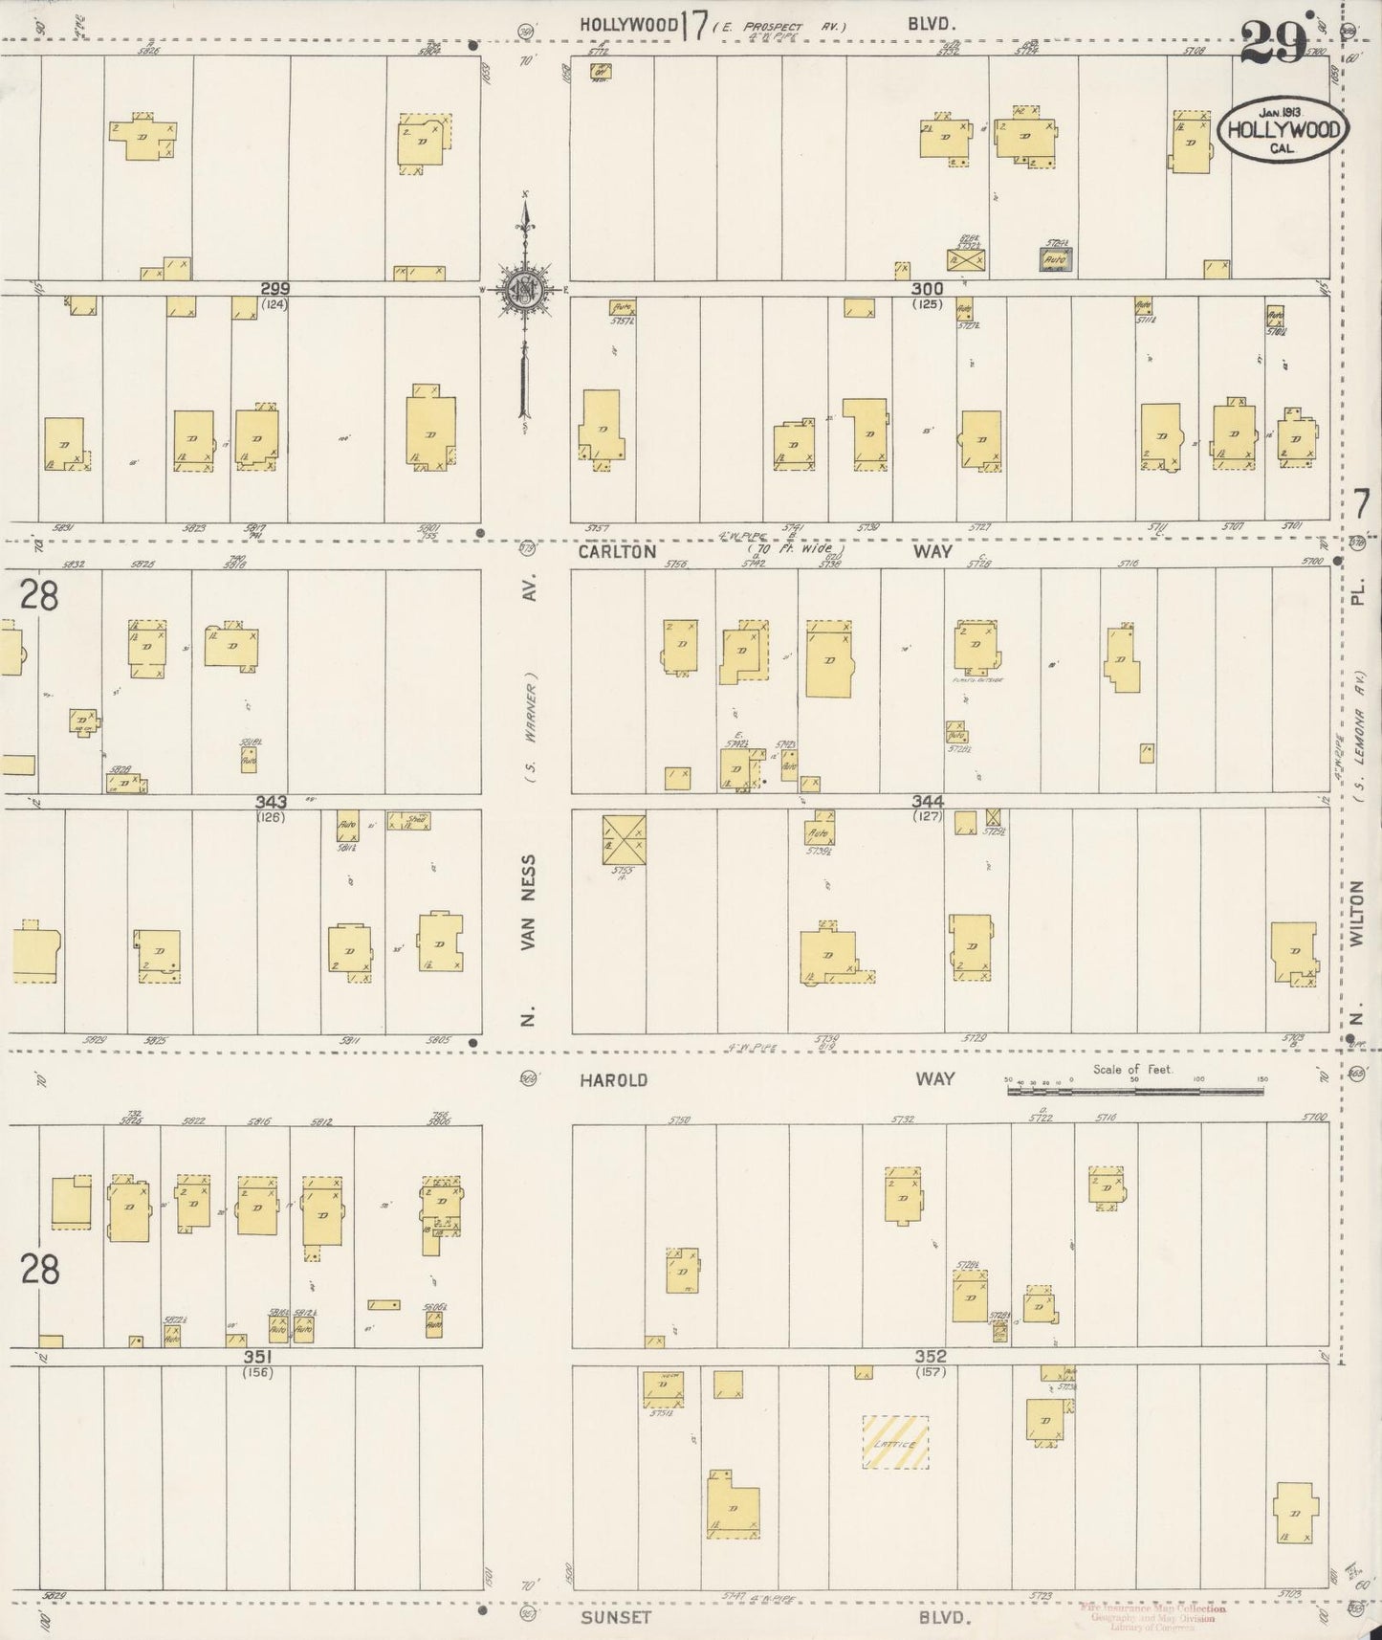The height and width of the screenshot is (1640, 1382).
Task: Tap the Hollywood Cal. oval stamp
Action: [x=1283, y=131]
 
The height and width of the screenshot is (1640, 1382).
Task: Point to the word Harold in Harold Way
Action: [x=613, y=1079]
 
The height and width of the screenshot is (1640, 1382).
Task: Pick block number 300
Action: [x=927, y=288]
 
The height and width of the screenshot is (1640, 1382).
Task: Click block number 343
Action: [x=272, y=802]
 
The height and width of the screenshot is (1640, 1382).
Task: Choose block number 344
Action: [x=928, y=802]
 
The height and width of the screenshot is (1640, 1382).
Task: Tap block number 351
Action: [x=258, y=1357]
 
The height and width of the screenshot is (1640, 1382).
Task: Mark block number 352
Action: [x=930, y=1357]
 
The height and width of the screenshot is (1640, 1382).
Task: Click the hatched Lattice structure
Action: [x=895, y=1442]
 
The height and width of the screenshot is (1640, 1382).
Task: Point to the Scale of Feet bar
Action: [x=1135, y=1089]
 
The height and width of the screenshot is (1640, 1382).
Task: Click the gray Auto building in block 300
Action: [x=1056, y=258]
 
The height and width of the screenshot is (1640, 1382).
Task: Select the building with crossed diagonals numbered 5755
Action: [x=624, y=839]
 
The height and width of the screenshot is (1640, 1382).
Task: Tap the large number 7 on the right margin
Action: [x=1362, y=503]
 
